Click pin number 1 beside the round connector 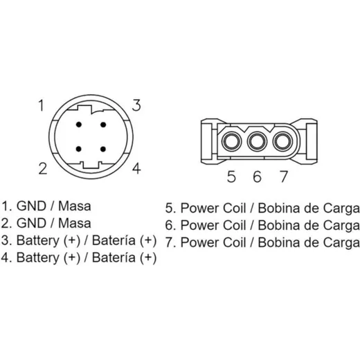[x=42, y=105]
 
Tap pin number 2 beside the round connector [x=43, y=169]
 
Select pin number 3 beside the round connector [x=136, y=105]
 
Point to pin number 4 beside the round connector [x=136, y=168]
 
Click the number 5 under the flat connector [x=231, y=177]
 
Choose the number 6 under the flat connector [x=257, y=177]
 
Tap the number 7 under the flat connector [x=284, y=177]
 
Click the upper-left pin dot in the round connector [x=79, y=125]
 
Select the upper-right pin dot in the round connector [x=103, y=125]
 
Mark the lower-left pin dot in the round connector [x=79, y=149]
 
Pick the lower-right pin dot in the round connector [x=103, y=149]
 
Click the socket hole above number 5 [x=232, y=141]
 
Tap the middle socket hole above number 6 [x=257, y=141]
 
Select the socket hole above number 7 [x=282, y=141]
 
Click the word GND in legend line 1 [x=31, y=206]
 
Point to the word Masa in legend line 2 [x=75, y=224]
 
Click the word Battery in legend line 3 [x=38, y=241]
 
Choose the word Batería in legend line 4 [x=114, y=258]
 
